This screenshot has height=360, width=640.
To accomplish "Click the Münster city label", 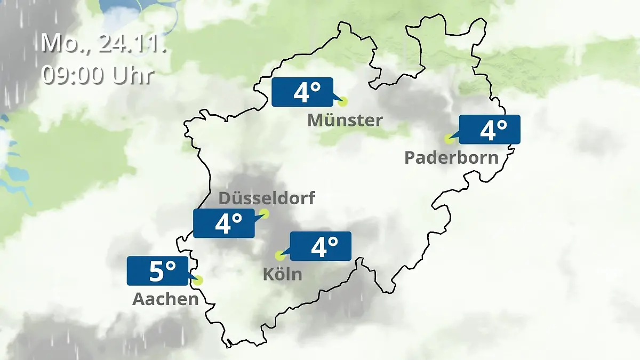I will click(x=345, y=120).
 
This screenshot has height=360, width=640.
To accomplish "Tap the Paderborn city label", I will click(x=452, y=157).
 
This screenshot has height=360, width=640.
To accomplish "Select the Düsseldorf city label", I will click(x=267, y=198).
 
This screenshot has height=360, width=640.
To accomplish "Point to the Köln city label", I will click(x=282, y=274).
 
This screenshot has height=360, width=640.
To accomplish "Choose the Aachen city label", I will click(x=165, y=299).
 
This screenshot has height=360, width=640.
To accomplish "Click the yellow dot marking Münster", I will click(x=342, y=101).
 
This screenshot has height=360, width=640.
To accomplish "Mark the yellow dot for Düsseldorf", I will click(x=264, y=214).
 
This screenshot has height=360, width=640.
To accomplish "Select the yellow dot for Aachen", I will click(x=198, y=280).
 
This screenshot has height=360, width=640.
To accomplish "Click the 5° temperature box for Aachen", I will click(x=158, y=271).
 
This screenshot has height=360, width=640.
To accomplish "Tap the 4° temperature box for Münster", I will click(x=302, y=92).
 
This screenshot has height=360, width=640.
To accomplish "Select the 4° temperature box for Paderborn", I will click(x=489, y=130).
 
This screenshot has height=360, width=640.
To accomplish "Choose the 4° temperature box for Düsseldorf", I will click(x=224, y=223).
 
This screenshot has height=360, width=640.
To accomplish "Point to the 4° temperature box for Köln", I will click(x=321, y=246).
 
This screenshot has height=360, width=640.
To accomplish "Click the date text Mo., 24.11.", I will click(x=104, y=43).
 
